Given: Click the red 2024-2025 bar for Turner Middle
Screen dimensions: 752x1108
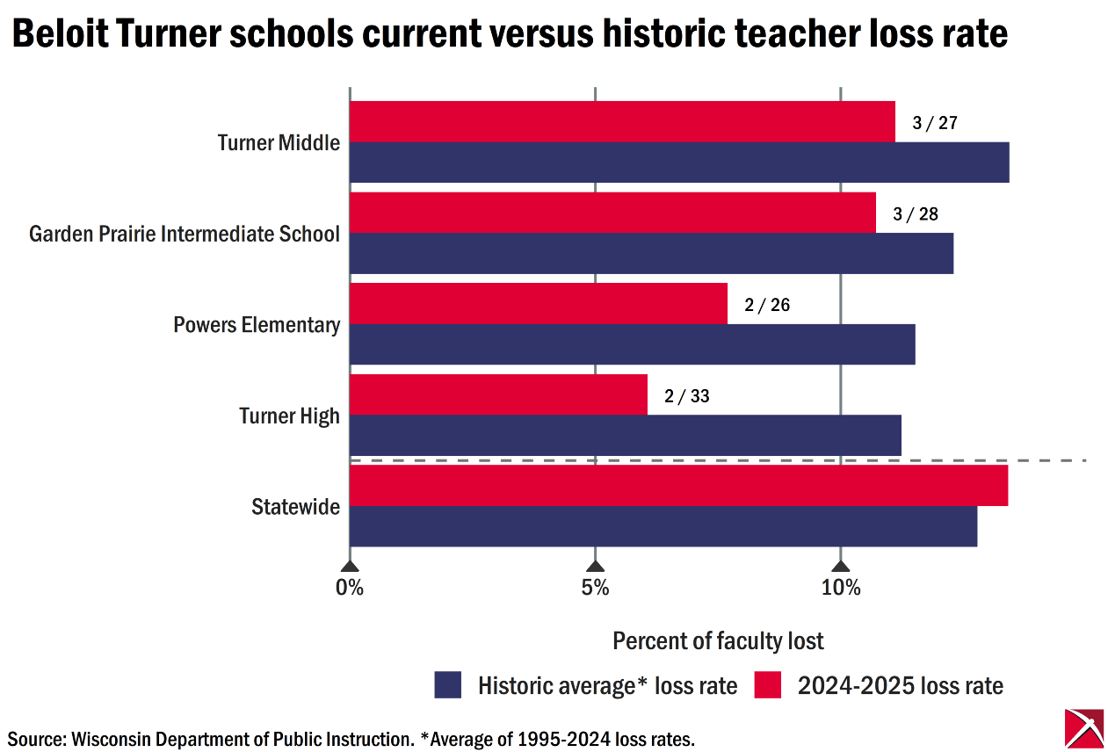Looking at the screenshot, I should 622,121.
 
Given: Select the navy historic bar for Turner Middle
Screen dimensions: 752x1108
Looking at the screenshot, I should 678,163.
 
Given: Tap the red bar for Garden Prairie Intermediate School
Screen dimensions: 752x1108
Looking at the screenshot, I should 612,213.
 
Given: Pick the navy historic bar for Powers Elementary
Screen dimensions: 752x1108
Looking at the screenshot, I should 632,343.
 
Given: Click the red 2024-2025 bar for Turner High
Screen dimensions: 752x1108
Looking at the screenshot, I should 498,394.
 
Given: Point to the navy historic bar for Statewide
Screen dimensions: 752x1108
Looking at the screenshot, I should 663,526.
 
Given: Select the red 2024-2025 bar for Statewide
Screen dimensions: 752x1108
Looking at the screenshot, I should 678,485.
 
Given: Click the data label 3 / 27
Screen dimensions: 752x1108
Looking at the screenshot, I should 934,123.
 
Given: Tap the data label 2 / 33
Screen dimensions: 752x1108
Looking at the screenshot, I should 686,396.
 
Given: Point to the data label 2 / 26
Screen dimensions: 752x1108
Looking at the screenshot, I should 766,305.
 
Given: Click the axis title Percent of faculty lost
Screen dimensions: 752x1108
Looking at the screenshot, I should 718,641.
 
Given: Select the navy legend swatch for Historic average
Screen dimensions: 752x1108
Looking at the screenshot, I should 448,685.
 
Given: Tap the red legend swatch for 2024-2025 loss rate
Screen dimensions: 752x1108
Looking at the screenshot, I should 767,685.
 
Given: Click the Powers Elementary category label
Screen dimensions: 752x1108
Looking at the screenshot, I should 257,325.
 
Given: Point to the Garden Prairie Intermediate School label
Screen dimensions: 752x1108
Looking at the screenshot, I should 185,235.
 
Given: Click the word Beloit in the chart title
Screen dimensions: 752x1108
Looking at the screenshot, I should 58,34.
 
